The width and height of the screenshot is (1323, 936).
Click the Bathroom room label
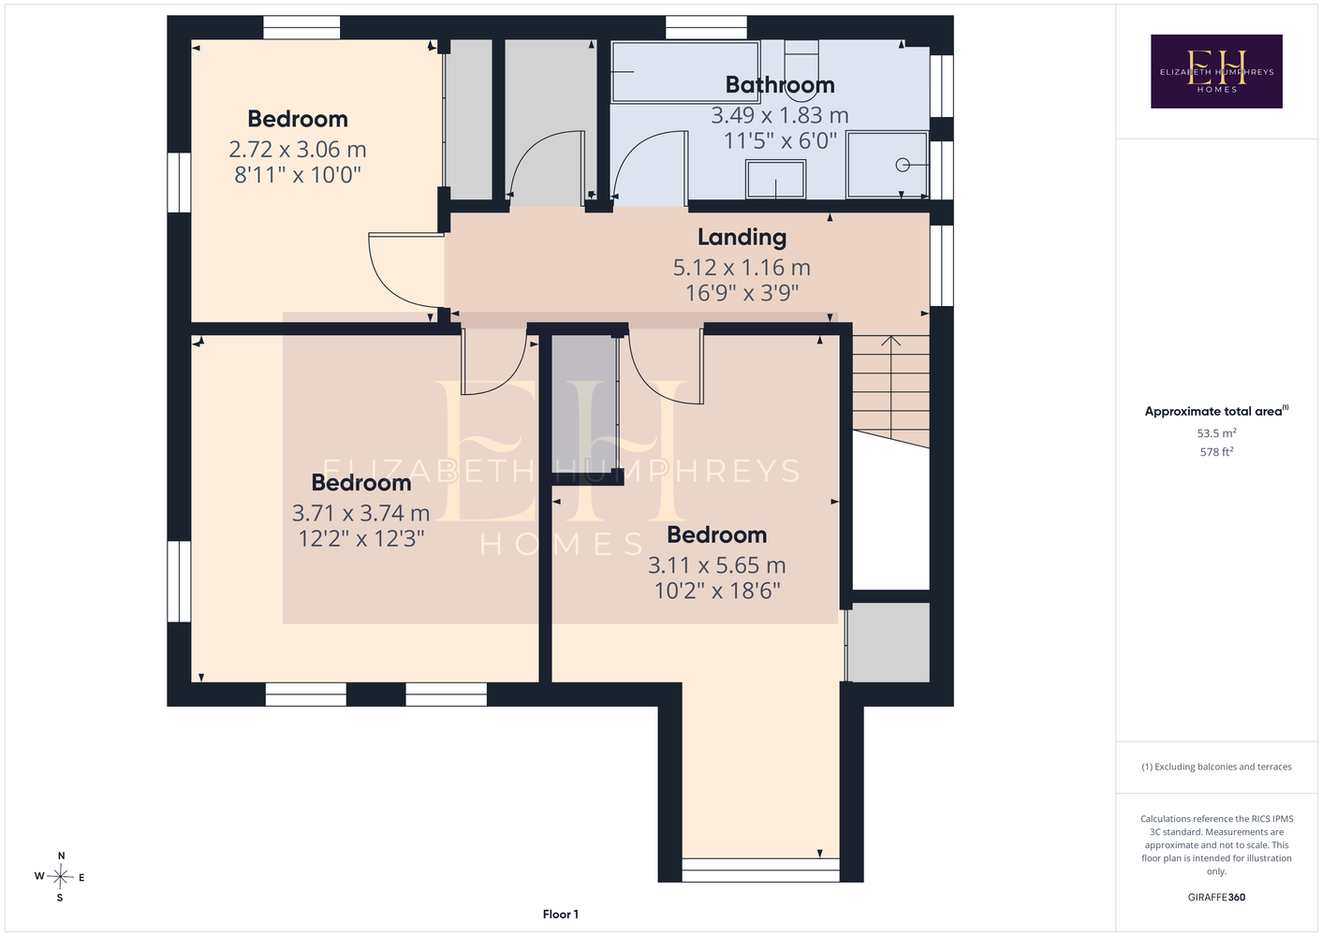(x=780, y=85)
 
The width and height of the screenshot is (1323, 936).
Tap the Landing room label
(x=742, y=238)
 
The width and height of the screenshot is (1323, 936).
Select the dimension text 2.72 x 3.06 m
(x=298, y=150)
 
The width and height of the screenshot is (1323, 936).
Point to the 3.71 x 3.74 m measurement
(x=360, y=513)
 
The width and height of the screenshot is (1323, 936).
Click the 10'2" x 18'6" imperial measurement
(x=717, y=591)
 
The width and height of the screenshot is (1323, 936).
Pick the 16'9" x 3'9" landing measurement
(x=742, y=293)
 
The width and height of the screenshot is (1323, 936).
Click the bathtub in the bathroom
(x=685, y=72)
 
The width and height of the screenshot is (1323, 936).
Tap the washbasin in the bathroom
(x=775, y=179)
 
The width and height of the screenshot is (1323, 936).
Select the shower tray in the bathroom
(x=887, y=165)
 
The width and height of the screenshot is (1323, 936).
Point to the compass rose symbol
(x=60, y=877)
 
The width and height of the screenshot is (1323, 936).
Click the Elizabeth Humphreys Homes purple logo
(x=1216, y=71)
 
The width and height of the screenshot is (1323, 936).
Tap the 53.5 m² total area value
(x=1216, y=432)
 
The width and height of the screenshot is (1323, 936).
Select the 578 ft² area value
(x=1216, y=452)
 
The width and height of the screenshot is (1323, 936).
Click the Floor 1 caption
(x=561, y=914)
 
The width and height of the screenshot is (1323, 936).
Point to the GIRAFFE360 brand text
(x=1216, y=897)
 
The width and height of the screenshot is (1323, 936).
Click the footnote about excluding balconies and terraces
(x=1216, y=767)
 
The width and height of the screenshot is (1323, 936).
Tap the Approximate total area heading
(x=1216, y=411)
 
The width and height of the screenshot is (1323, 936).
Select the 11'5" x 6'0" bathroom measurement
(x=780, y=140)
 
